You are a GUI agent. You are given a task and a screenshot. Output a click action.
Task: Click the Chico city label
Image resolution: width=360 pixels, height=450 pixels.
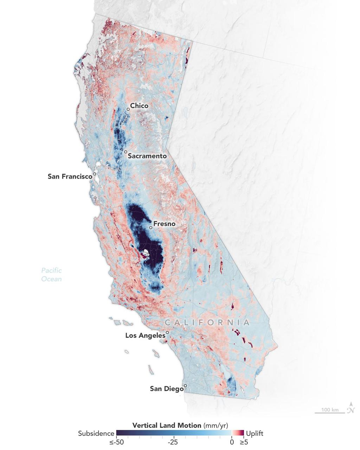(x=139, y=106)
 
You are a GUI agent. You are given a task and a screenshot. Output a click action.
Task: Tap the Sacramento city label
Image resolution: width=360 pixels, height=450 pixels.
(x=147, y=156)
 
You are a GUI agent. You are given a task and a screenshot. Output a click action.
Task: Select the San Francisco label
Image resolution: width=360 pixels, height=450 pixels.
(x=70, y=176)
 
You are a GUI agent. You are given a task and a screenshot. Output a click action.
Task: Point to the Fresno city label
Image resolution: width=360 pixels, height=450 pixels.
(x=164, y=224)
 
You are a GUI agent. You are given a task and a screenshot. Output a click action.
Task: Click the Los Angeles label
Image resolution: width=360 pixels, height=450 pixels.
(x=145, y=336)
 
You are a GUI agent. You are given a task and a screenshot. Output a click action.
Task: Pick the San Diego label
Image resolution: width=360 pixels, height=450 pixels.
(x=167, y=389)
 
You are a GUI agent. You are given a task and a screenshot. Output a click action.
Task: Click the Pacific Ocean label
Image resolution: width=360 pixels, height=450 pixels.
(x=51, y=275)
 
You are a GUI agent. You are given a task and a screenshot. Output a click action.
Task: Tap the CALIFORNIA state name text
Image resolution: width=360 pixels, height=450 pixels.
(x=207, y=322)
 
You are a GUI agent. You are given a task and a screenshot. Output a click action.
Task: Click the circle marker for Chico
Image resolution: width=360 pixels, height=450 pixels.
(x=128, y=109)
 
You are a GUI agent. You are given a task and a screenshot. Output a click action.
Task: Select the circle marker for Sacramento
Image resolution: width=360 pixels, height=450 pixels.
(x=126, y=152)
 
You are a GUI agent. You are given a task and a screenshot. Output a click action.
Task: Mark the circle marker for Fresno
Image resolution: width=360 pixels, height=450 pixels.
(x=151, y=227)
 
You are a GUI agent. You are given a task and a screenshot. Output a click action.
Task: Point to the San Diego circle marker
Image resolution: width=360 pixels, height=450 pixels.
(x=186, y=386)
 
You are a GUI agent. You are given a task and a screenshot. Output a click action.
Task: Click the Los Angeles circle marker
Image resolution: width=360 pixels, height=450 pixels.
(x=167, y=332)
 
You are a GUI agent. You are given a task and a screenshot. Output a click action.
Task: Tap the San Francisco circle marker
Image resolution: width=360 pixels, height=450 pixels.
(x=95, y=174)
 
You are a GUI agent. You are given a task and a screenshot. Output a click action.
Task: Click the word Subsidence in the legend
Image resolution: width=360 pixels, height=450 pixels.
(x=96, y=433)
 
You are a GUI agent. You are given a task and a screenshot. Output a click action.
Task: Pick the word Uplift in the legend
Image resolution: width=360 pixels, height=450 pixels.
(x=255, y=433)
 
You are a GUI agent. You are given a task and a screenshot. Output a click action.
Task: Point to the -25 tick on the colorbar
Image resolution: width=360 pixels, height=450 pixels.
(x=173, y=442)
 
